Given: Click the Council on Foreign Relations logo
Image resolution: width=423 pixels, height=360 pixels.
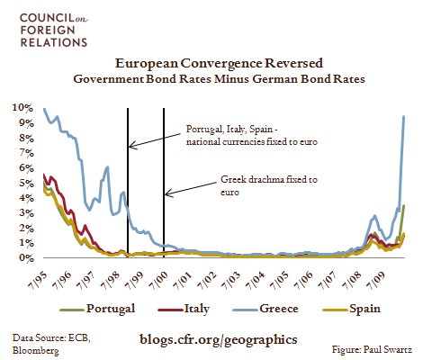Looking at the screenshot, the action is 54,31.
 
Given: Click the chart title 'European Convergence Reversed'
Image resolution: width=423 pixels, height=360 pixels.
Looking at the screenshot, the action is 219,63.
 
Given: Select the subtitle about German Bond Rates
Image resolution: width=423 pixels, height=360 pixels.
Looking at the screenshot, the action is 219,79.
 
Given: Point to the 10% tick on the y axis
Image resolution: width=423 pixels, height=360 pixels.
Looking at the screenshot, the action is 22,108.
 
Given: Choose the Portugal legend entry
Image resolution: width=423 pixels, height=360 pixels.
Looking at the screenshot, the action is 97,309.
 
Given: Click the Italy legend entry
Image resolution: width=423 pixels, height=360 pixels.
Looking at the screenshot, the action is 184,309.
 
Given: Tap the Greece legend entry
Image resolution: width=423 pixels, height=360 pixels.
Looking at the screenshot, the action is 265,309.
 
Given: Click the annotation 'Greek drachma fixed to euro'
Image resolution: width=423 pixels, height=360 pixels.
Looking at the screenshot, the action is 269,185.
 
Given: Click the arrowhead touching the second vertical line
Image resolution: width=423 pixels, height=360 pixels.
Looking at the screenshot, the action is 168,193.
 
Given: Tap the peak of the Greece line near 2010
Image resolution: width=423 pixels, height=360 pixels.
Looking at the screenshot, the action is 403,116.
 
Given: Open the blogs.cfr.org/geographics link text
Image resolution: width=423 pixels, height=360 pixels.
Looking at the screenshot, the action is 219,339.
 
